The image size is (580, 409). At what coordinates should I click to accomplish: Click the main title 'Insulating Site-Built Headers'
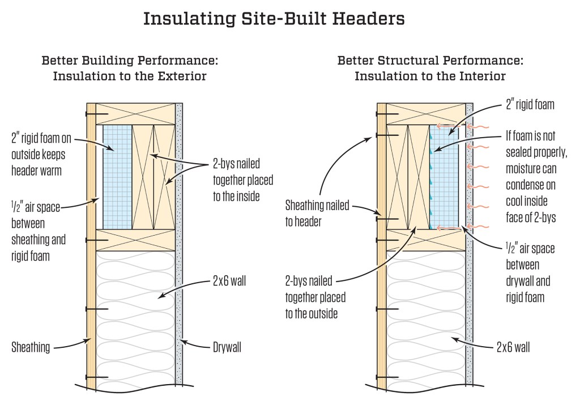coord(274,18)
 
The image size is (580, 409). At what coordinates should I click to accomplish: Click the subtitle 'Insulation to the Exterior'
coord(130,76)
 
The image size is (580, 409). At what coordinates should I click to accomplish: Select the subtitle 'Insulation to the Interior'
coord(430,76)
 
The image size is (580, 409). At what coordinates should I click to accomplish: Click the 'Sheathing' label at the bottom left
coord(30,347)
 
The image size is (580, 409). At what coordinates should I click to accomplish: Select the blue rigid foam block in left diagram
coord(117,177)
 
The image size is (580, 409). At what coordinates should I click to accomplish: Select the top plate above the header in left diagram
coord(135,114)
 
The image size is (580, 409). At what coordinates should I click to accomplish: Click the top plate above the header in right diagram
coord(425,114)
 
